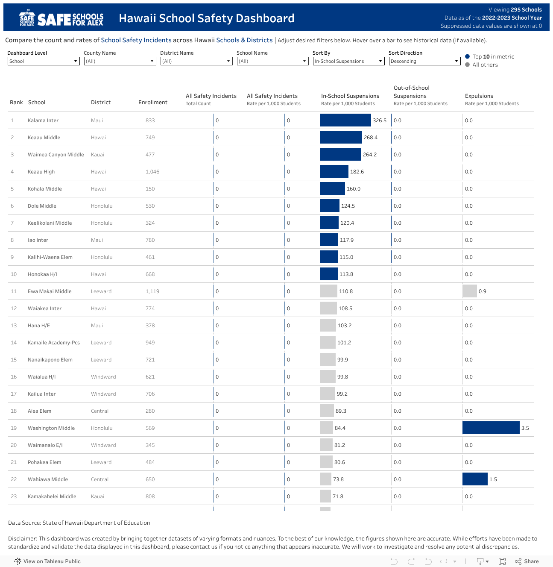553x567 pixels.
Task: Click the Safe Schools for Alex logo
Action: (x=61, y=18)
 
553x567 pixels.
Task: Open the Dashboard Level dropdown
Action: (x=44, y=61)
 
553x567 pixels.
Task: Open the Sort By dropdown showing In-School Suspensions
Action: (x=348, y=61)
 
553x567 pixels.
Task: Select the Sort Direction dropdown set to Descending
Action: (x=424, y=61)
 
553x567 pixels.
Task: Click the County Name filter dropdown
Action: (x=120, y=61)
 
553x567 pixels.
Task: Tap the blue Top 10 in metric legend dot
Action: (x=468, y=56)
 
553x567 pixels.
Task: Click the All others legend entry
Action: (x=485, y=65)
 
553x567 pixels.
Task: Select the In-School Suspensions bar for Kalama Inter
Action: (x=345, y=120)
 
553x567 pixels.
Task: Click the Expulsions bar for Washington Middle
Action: (x=491, y=428)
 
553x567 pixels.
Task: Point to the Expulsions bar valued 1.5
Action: (x=475, y=479)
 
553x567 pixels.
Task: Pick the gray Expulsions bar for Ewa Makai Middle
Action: (x=470, y=291)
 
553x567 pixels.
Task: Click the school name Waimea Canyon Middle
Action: (x=56, y=155)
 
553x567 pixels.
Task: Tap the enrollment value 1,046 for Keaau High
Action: (x=152, y=172)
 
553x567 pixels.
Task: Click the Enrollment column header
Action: (x=152, y=103)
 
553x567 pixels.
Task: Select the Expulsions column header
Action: (x=479, y=96)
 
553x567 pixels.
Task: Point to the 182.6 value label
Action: (x=357, y=172)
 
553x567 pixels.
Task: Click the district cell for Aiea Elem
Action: (x=99, y=411)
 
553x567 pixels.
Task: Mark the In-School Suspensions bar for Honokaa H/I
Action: (x=328, y=274)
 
